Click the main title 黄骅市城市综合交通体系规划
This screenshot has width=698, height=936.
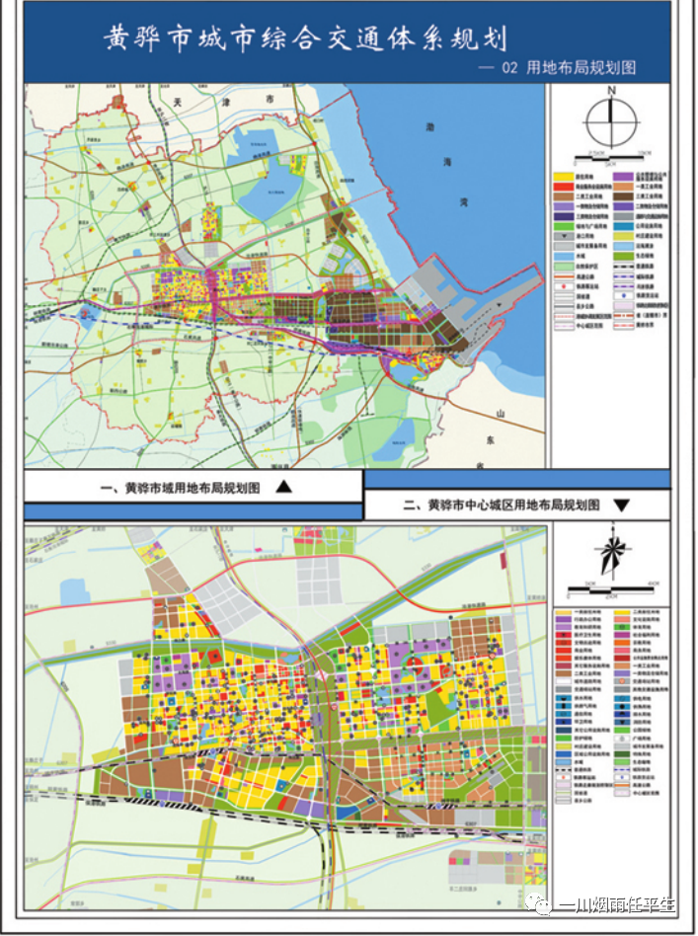(305, 39)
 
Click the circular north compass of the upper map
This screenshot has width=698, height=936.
(612, 122)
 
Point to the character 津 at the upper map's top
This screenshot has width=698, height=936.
(219, 102)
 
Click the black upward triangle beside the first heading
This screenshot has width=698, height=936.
(282, 487)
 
